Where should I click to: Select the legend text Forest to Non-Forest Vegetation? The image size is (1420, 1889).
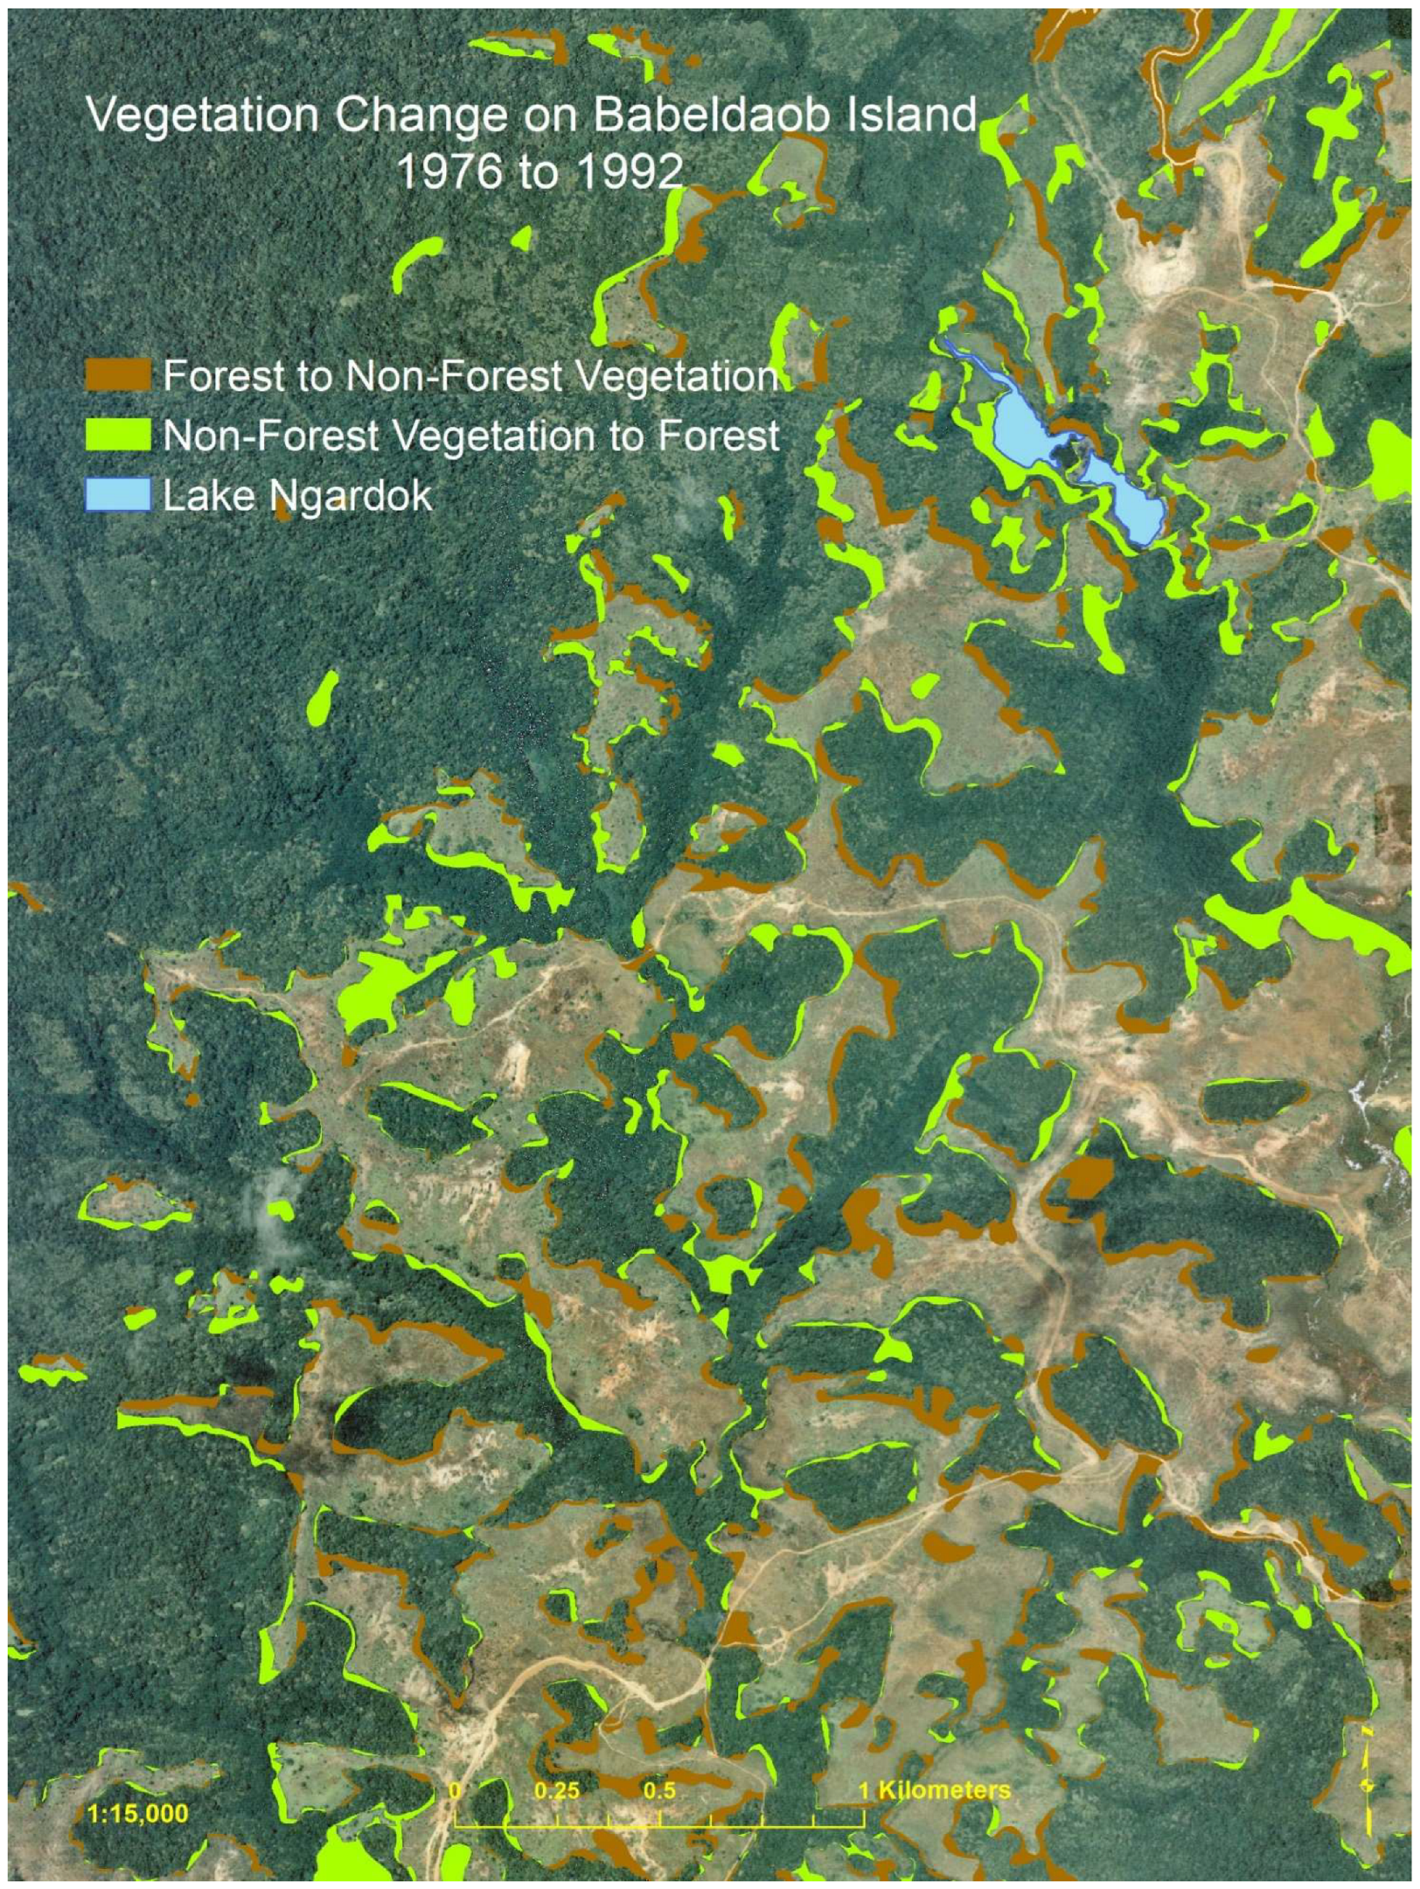coord(470,375)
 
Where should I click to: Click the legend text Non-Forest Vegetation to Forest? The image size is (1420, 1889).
coord(470,435)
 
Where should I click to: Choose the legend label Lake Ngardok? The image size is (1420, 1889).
coord(297,496)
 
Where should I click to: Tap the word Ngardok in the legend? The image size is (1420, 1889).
coord(352,496)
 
